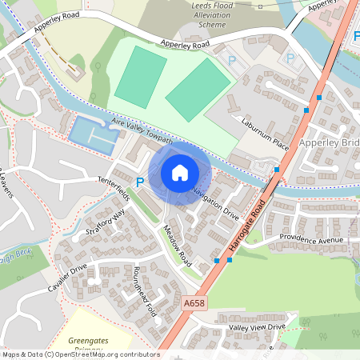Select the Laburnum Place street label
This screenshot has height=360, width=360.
264,134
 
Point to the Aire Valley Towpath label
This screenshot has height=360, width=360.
143,131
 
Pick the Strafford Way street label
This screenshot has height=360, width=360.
106,223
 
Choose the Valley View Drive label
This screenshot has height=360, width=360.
257,327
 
